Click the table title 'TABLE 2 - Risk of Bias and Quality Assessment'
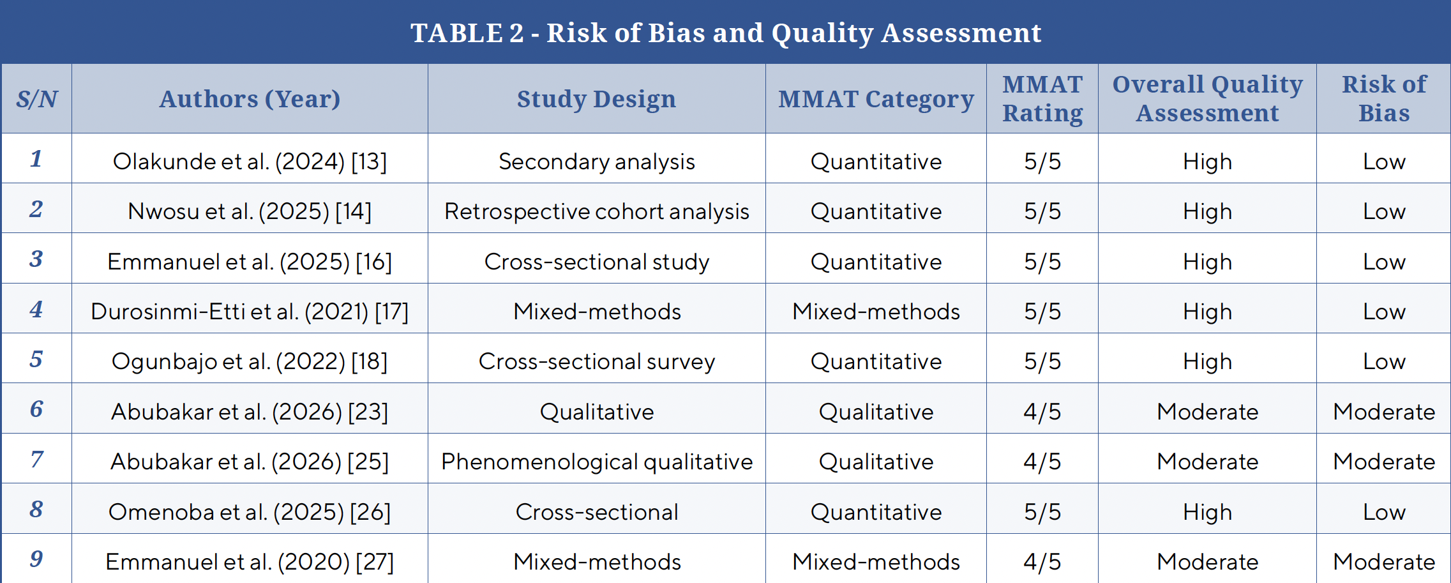click(726, 33)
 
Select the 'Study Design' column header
click(596, 99)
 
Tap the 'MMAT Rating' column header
click(1042, 98)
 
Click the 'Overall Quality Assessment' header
click(1207, 98)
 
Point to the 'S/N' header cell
click(36, 99)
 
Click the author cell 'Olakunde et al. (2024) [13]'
click(250, 162)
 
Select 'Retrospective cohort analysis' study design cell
click(597, 211)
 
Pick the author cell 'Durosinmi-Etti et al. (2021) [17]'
click(250, 312)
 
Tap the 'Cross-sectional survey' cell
click(597, 361)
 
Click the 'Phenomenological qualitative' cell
click(597, 462)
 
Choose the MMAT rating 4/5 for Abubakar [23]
click(1042, 412)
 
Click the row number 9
click(36, 559)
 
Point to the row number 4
click(36, 309)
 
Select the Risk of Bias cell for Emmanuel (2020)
click(1384, 562)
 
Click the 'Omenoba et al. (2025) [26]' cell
click(250, 512)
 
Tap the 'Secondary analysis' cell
click(597, 162)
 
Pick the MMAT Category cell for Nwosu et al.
click(876, 211)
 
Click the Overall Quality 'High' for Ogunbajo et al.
click(1207, 361)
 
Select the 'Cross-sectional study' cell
click(597, 262)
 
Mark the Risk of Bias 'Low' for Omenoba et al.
click(1384, 512)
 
